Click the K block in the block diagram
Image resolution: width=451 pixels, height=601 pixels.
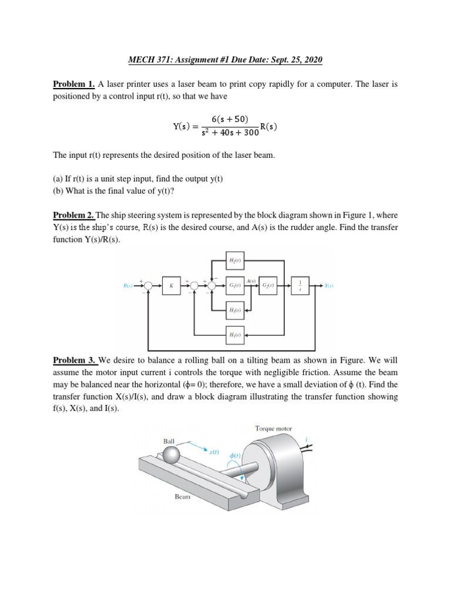pyautogui.click(x=171, y=286)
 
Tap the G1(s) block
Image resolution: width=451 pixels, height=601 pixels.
pyautogui.click(x=235, y=286)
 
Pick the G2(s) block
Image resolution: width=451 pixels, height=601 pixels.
pyautogui.click(x=267, y=286)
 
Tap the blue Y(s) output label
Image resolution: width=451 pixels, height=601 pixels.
pyautogui.click(x=329, y=286)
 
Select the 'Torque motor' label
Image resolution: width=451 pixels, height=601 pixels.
pyautogui.click(x=274, y=428)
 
